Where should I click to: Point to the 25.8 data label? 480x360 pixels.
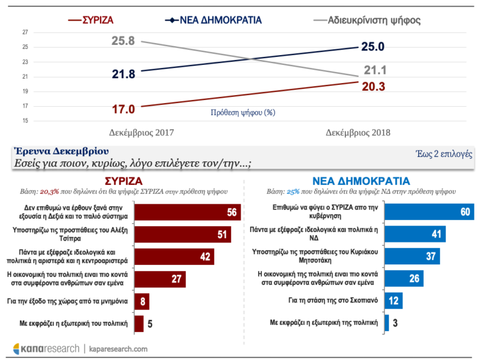tap(122, 41)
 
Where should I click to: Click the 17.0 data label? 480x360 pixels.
tap(122, 109)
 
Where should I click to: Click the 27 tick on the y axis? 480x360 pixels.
tap(25, 32)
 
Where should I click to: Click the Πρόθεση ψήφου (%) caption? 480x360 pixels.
tap(243, 113)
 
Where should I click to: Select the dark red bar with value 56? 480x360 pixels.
tap(187, 212)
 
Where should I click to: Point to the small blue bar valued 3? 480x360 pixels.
tap(387, 322)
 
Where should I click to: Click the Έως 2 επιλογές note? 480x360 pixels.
tap(443, 154)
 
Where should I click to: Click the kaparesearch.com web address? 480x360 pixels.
tap(119, 348)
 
